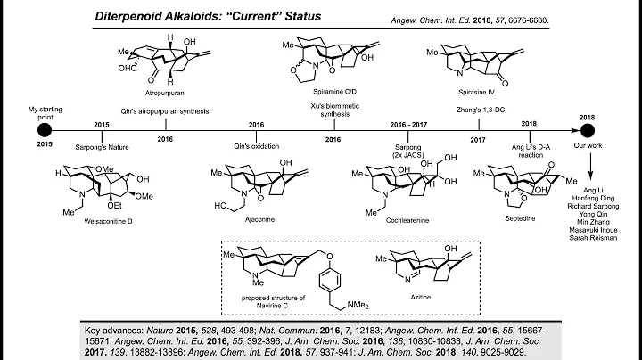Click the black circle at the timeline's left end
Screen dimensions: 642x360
click(44, 130)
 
